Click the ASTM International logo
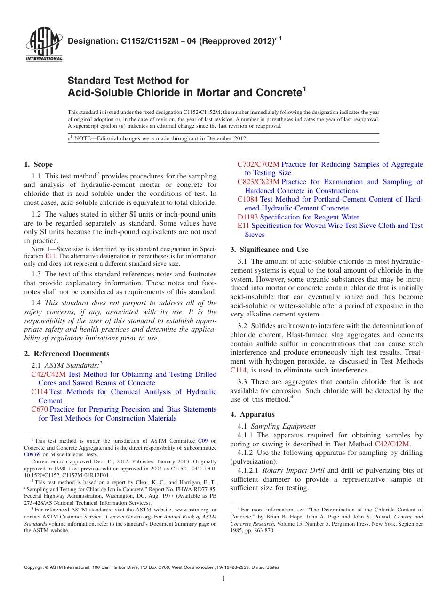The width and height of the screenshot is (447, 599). click(x=43, y=45)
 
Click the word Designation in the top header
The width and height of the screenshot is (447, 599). click(x=91, y=41)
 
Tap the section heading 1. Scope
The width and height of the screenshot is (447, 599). click(x=38, y=164)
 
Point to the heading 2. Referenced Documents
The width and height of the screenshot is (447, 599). click(x=66, y=354)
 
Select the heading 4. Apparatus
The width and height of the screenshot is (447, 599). click(x=252, y=414)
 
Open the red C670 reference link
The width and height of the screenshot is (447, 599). click(x=39, y=409)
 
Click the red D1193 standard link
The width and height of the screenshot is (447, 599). click(x=247, y=217)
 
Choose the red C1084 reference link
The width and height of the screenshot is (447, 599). click(x=247, y=199)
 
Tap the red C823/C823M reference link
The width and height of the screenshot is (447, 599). click(x=258, y=182)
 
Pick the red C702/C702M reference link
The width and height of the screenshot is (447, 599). click(x=258, y=164)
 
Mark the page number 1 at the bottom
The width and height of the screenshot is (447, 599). click(x=223, y=578)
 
